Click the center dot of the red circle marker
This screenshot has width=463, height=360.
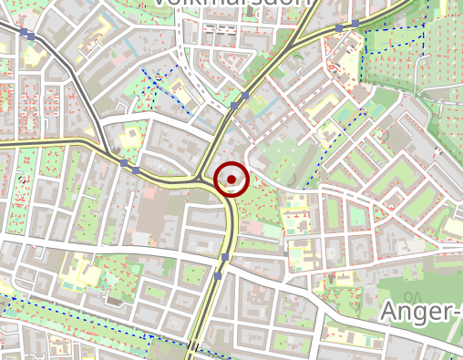click(231, 179)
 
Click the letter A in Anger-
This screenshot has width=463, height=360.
click(389, 312)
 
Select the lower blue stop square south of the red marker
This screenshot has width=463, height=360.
click(219, 275)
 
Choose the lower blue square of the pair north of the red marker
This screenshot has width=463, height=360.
click(234, 107)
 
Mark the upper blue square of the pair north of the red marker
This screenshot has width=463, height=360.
click(245, 94)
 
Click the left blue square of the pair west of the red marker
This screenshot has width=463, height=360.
click(124, 162)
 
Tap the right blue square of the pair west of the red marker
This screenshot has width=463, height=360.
click(136, 170)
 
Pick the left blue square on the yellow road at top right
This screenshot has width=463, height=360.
click(339, 28)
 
